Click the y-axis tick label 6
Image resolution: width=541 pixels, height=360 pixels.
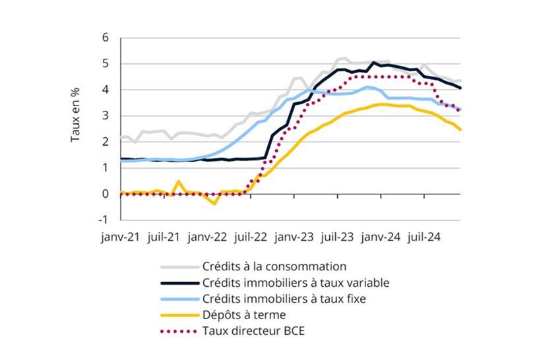(x=105, y=38)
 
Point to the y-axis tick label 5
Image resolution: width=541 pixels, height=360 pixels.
(x=105, y=64)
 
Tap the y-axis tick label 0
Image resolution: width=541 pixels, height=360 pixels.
(x=105, y=194)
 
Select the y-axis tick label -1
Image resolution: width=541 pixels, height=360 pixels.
(x=104, y=220)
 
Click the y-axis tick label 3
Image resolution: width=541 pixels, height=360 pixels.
(x=105, y=116)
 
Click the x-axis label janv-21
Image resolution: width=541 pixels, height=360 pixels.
(x=120, y=235)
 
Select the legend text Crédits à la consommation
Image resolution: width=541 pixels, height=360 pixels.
(x=274, y=267)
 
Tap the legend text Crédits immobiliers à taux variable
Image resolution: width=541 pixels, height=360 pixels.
(x=296, y=283)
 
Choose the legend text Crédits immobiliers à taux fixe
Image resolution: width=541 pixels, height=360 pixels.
(x=284, y=299)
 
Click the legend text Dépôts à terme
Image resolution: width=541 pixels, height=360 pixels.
(x=244, y=315)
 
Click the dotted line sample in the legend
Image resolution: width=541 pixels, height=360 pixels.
(x=179, y=331)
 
